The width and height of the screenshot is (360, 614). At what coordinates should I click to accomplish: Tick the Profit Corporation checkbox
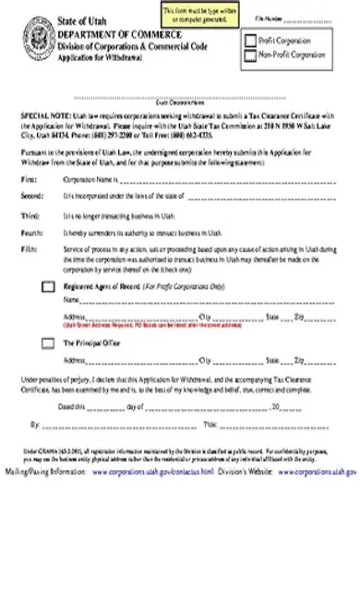coord(249,40)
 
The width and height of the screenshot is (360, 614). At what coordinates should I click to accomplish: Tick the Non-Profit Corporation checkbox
coord(249,54)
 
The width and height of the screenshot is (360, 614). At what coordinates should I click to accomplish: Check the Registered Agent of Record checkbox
coord(48,287)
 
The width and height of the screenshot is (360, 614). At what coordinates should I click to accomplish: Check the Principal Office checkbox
coord(48,343)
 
